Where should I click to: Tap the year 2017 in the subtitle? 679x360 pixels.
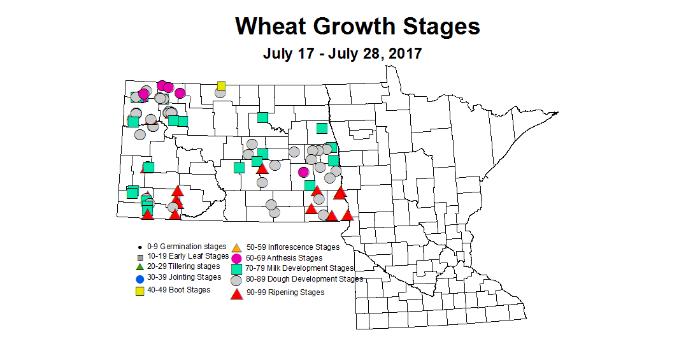coord(403,54)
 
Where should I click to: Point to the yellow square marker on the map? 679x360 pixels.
coord(221,86)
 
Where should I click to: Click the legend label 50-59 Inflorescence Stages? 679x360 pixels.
coord(293,247)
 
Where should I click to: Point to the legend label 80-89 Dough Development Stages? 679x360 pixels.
coord(304,279)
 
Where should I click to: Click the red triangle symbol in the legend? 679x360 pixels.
coord(236,294)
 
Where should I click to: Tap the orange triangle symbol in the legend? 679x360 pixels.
coord(236,247)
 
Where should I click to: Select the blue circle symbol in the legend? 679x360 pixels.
coord(139,279)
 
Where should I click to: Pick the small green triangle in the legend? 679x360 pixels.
coord(139,266)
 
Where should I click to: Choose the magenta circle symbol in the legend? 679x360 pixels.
coord(236,258)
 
